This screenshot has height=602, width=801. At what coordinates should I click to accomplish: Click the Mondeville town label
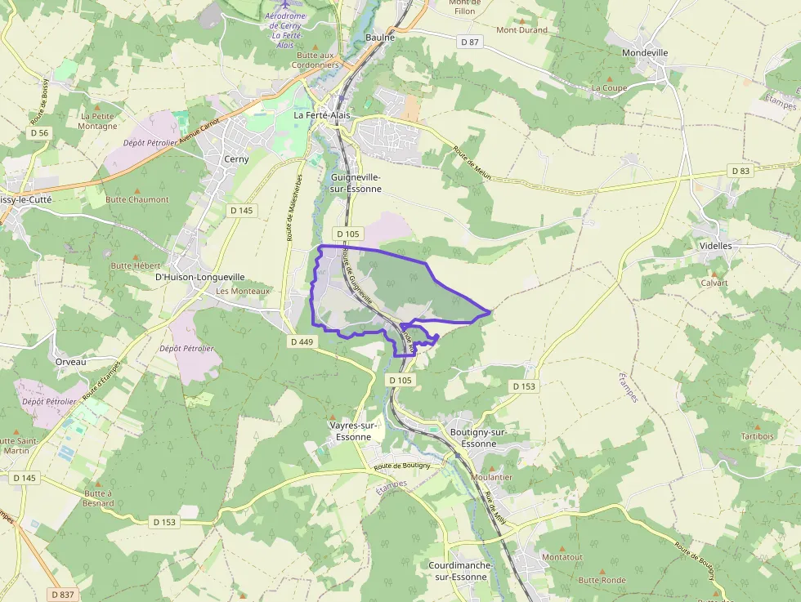(x=645, y=53)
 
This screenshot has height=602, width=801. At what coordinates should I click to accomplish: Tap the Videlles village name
(x=716, y=245)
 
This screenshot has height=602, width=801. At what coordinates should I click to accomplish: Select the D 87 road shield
(x=469, y=42)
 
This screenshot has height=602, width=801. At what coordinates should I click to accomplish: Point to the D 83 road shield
(x=740, y=171)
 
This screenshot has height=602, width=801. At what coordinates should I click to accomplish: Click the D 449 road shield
(x=302, y=341)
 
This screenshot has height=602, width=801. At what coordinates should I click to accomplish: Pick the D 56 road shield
(x=39, y=132)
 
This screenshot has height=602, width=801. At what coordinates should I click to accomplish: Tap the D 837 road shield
(x=62, y=595)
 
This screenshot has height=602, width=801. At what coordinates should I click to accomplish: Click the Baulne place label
(x=380, y=38)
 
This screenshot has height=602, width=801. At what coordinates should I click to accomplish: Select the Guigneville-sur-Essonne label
(x=356, y=183)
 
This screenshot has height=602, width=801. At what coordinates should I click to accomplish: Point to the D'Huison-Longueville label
(x=200, y=277)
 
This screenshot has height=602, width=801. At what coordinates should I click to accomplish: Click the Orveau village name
(x=70, y=362)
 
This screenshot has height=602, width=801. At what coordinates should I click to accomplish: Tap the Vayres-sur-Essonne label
(x=351, y=431)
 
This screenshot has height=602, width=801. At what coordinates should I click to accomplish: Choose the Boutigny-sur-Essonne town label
(x=479, y=438)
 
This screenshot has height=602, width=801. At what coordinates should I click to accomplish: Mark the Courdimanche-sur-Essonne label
(x=458, y=571)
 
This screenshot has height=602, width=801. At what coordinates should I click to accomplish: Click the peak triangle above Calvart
(x=714, y=274)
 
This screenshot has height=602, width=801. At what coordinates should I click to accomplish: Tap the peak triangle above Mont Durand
(x=522, y=20)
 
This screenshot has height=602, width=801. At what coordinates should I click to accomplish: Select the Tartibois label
(x=758, y=436)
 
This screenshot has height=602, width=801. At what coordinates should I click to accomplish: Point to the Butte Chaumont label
(x=137, y=199)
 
